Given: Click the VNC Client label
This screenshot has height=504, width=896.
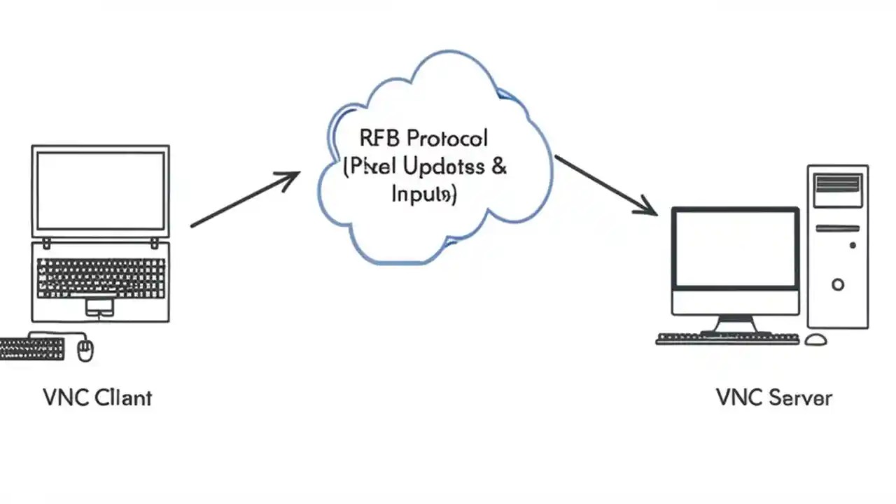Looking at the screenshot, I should tap(97, 398).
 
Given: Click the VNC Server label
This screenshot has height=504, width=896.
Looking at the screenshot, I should tap(774, 398).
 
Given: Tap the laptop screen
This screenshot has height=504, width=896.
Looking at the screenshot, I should tap(100, 191).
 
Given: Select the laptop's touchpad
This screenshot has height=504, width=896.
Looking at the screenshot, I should tap(99, 306).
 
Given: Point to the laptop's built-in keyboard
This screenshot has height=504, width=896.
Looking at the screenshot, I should tap(101, 278).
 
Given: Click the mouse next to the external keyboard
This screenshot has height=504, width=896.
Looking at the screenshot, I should tap(85, 349).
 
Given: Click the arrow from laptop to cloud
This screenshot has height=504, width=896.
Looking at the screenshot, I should tap(245, 199).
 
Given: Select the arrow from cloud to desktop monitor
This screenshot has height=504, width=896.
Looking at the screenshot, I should tap(605, 185).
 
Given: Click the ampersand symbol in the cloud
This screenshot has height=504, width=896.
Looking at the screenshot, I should tap(499, 167).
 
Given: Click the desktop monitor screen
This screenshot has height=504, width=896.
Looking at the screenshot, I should tap(736, 248).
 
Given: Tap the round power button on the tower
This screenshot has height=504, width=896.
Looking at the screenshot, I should tap(838, 284).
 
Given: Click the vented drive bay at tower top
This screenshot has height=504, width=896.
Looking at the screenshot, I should tap(838, 183).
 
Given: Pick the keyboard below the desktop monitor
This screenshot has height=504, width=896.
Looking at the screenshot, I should tap(727, 339).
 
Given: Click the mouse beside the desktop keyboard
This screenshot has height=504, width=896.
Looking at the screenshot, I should tap(815, 339).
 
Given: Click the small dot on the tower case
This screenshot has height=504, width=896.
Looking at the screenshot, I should tap(853, 246).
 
